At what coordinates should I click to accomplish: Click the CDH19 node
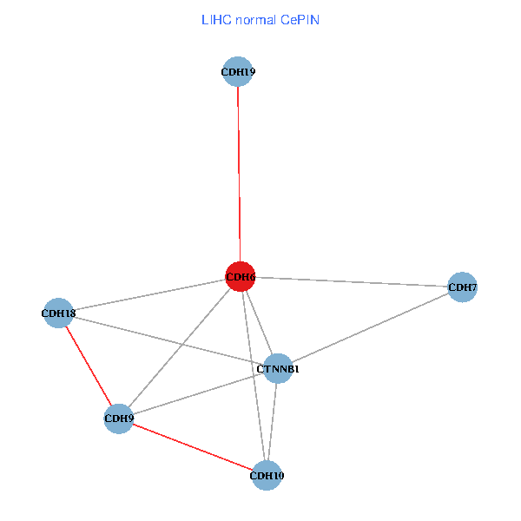tap(238, 72)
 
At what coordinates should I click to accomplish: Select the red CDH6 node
tap(240, 277)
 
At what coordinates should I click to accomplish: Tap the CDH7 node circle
tap(462, 287)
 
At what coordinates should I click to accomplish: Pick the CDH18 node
tap(59, 313)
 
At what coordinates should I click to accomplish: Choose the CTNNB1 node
tap(278, 369)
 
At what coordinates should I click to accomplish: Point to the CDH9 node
tap(118, 419)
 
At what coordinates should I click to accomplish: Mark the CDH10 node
tap(267, 475)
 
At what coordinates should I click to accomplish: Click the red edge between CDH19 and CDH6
tap(239, 174)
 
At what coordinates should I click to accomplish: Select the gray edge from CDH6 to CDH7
tap(351, 282)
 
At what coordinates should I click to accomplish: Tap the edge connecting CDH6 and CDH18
tap(149, 295)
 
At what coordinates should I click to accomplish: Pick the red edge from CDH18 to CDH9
tap(89, 366)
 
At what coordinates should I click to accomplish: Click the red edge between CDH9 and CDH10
tap(193, 447)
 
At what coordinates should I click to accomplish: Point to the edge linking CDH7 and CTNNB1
tap(370, 328)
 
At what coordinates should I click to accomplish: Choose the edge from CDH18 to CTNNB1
tap(168, 340)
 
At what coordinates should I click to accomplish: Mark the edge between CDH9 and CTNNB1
tap(198, 393)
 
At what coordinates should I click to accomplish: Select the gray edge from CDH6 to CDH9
tap(179, 347)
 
